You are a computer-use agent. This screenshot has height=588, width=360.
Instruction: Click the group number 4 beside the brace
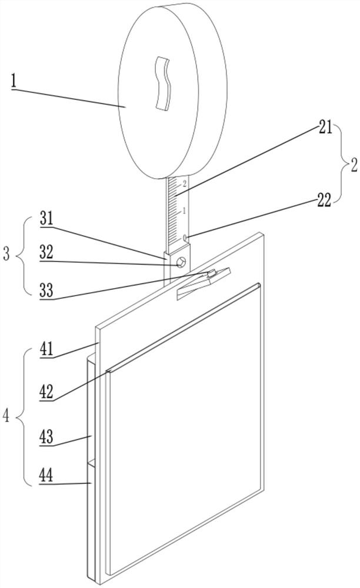coord(6,416)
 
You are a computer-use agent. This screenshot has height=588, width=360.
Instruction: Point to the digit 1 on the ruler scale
coord(185,210)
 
